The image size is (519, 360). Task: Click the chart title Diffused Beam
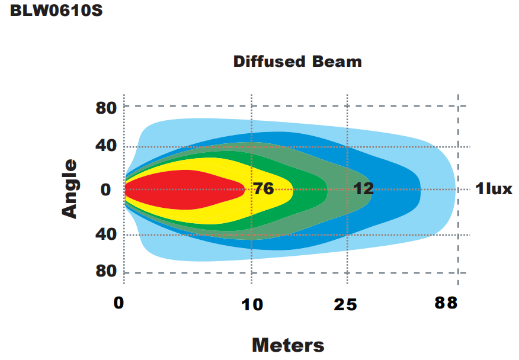(297, 62)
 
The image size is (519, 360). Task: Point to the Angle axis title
(71, 189)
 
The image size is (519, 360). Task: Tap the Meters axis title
(288, 345)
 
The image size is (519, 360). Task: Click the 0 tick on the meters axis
(119, 303)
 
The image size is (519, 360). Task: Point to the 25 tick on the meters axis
(345, 304)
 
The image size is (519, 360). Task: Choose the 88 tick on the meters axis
(446, 303)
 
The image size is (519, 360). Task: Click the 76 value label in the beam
(263, 189)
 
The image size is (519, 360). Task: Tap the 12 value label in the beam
(364, 189)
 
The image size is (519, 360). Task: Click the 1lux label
(494, 189)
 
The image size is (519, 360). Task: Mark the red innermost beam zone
(184, 190)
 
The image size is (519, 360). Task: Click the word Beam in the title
(339, 62)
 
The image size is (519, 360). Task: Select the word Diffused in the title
(269, 62)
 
